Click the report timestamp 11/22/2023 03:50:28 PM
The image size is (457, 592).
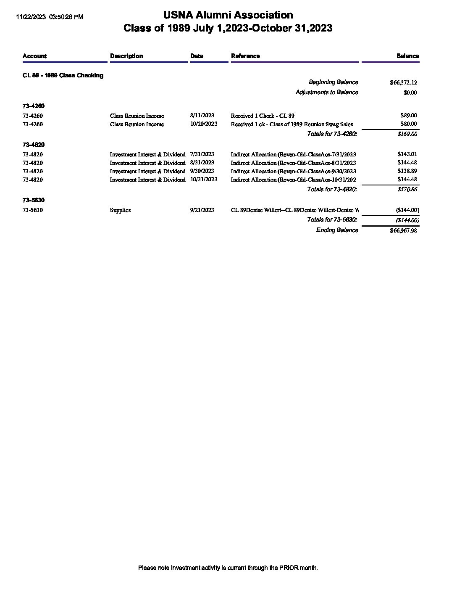pyautogui.click(x=49, y=17)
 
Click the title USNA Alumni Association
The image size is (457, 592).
pyautogui.click(x=228, y=15)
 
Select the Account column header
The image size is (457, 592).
pyautogui.click(x=34, y=56)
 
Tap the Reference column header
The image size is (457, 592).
pyautogui.click(x=245, y=56)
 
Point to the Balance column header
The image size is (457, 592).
pyautogui.click(x=407, y=56)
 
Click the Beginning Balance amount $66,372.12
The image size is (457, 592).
pyautogui.click(x=403, y=82)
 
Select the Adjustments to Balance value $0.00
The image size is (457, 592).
pyautogui.click(x=410, y=92)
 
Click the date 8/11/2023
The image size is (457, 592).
pyautogui.click(x=202, y=115)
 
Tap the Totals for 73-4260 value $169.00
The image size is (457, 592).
pyautogui.click(x=407, y=134)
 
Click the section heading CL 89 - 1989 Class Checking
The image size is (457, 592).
pyautogui.click(x=63, y=75)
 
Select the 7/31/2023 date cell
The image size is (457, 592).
pyautogui.click(x=202, y=154)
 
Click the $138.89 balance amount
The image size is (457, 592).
pyautogui.click(x=407, y=171)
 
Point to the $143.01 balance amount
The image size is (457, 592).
pyautogui.click(x=407, y=154)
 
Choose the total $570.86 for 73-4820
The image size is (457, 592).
pyautogui.click(x=407, y=190)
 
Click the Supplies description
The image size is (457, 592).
pyautogui.click(x=120, y=210)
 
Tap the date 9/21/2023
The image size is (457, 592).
pyautogui.click(x=202, y=210)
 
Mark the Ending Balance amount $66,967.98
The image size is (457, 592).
pyautogui.click(x=403, y=230)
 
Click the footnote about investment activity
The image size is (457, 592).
pyautogui.click(x=228, y=568)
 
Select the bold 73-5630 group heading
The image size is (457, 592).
pyautogui.click(x=34, y=200)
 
